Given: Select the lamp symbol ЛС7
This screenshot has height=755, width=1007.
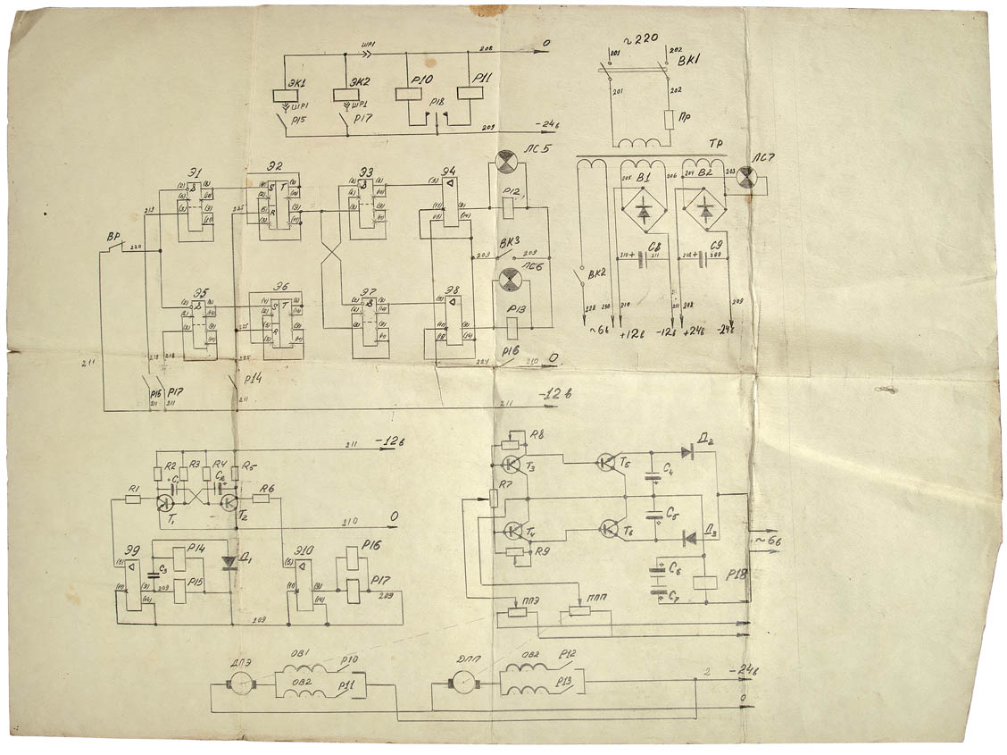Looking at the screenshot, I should (x=748, y=178).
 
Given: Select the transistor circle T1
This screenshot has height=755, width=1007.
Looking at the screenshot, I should (x=165, y=503).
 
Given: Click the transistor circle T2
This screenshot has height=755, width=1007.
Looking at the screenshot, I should (x=229, y=503).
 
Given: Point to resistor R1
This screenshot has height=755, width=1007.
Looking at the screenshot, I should (x=133, y=499).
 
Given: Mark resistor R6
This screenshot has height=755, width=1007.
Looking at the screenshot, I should (x=261, y=499).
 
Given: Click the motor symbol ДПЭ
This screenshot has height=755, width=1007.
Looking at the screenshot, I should (x=240, y=685).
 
